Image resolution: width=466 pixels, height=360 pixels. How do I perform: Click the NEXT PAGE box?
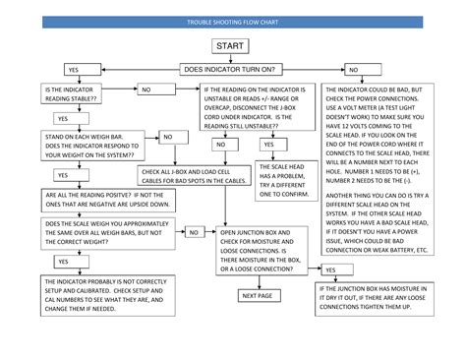point(257,295)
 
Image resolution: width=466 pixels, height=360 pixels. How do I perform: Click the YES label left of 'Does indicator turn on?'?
point(73,70)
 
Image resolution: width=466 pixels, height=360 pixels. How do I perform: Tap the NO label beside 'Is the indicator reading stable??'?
point(146,90)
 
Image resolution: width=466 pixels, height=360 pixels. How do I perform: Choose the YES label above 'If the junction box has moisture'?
point(329,269)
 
